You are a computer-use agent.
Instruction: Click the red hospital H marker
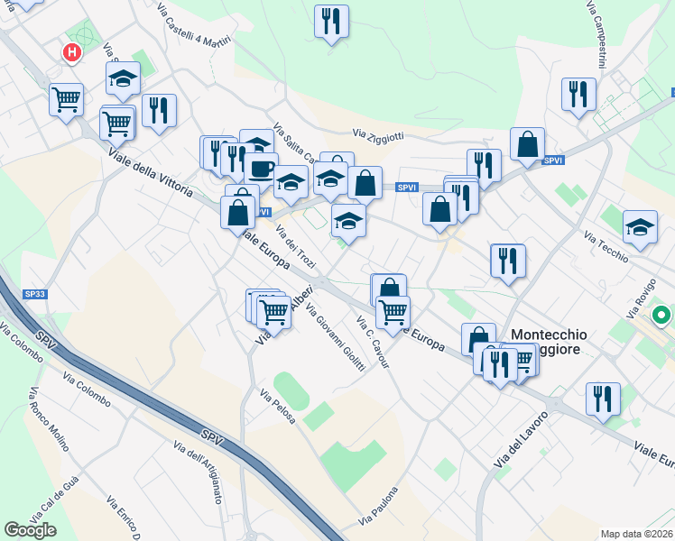[71, 53]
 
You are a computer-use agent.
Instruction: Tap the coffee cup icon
[262, 168]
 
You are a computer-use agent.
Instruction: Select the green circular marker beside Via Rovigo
[661, 316]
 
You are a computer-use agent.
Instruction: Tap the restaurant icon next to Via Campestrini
[578, 95]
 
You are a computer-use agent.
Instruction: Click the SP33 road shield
[35, 295]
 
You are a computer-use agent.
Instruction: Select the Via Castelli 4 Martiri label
[194, 28]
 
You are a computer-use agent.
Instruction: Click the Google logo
[31, 530]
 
